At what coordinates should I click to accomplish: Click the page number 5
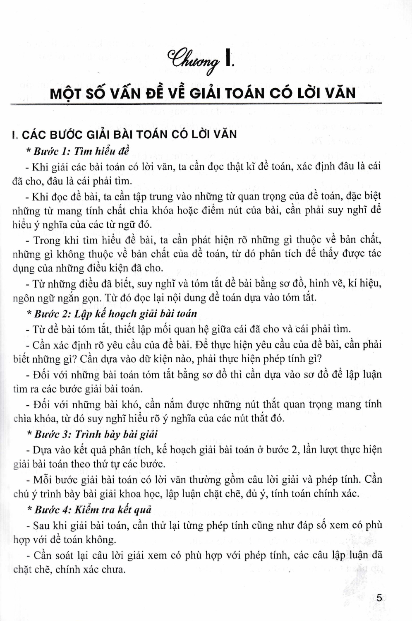[381, 598]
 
